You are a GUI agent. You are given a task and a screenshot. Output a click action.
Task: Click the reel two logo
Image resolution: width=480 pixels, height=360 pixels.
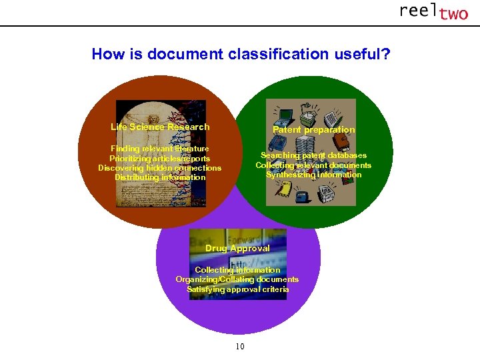[x=433, y=11]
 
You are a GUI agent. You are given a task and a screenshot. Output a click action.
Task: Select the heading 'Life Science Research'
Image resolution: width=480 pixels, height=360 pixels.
[x=160, y=127]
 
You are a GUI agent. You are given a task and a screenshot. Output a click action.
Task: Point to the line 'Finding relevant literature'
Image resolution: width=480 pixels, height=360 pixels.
[x=160, y=149]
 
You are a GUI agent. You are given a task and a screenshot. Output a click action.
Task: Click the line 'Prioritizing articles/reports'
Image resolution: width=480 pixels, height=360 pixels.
[x=160, y=159]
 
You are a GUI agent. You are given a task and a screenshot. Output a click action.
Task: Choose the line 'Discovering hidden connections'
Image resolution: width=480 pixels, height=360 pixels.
[x=160, y=168]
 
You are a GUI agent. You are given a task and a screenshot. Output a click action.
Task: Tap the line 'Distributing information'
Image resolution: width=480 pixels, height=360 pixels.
[x=160, y=177]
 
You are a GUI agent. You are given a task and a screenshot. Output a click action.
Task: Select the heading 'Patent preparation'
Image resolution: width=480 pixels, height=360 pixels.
[x=313, y=129]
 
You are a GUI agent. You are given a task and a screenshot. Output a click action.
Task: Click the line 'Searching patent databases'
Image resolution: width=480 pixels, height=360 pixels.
[x=313, y=155]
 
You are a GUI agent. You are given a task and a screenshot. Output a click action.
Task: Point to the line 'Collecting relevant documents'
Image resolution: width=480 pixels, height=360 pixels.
[x=313, y=165]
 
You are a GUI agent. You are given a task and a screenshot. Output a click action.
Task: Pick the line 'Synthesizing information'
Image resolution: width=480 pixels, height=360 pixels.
[x=313, y=175]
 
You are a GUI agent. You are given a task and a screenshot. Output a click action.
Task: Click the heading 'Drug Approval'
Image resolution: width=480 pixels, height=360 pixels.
[x=237, y=248]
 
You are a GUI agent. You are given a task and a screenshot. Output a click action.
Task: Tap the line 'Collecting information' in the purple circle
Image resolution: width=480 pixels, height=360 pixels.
[x=237, y=270]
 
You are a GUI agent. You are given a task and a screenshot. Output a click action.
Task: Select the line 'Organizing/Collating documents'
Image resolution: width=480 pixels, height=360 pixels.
[x=237, y=279]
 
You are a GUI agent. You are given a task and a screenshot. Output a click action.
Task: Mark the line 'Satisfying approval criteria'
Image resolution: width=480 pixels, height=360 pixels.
[x=237, y=289]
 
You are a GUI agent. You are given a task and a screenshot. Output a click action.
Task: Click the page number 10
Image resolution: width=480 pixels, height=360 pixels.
[x=240, y=346]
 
